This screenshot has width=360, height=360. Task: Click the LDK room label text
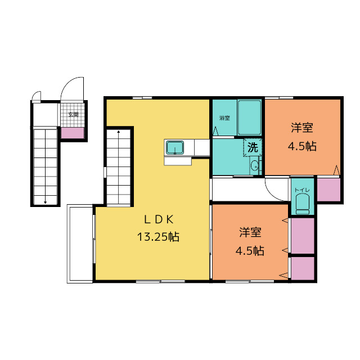pyautogui.click(x=159, y=220)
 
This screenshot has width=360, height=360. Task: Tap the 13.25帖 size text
pyautogui.click(x=158, y=237)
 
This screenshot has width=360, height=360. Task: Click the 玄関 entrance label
pyautogui.click(x=73, y=114)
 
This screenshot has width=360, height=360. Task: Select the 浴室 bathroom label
pyautogui.click(x=224, y=118)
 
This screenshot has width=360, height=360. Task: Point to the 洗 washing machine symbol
pyautogui.click(x=253, y=147)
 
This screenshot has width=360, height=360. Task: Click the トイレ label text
pyautogui.click(x=303, y=190)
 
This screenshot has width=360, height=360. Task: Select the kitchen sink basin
pyautogui.click(x=175, y=148)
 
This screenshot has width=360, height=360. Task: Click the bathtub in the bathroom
pyautogui.click(x=249, y=118)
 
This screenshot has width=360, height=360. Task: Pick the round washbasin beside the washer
pyautogui.click(x=254, y=165)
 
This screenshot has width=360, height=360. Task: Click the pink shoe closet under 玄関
pyautogui.click(x=73, y=133)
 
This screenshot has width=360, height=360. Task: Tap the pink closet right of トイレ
pyautogui.click(x=328, y=190)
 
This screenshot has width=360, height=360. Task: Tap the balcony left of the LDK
pyautogui.click(x=80, y=244)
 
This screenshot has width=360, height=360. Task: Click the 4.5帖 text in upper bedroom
pyautogui.click(x=302, y=146)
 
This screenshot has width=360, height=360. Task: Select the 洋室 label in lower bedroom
pyautogui.click(x=250, y=232)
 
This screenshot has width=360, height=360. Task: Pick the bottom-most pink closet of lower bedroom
pyautogui.click(x=303, y=268)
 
